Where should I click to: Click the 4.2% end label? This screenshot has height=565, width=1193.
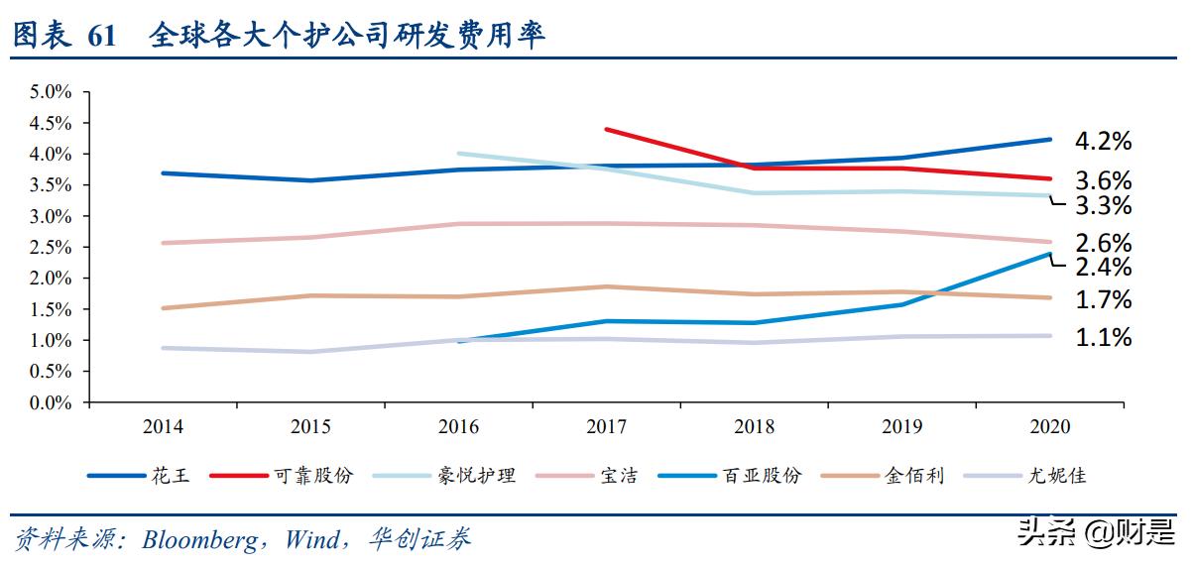coord(1103,142)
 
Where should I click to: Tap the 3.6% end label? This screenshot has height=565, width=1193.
coord(1103,180)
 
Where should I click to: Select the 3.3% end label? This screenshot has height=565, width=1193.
coord(1103,206)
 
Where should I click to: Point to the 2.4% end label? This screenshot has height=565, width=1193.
coord(1103,267)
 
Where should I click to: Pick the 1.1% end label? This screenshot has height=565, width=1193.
coord(1103,338)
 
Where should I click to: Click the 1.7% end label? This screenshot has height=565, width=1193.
coord(1103,300)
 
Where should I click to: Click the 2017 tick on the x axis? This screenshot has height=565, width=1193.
coord(606,427)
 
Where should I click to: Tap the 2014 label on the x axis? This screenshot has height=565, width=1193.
coord(162,427)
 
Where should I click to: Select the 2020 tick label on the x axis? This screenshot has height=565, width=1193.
coord(1050,427)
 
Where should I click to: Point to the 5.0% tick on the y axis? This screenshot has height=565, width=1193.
coord(51,92)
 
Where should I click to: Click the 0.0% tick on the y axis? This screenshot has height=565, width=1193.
coord(51,402)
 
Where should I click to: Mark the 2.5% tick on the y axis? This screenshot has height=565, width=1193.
coord(51,247)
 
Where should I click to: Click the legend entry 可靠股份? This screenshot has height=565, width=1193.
coord(312,476)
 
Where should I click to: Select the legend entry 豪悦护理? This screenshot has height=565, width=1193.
coord(477,476)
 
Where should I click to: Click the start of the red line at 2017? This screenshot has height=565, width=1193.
coord(606,129)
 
